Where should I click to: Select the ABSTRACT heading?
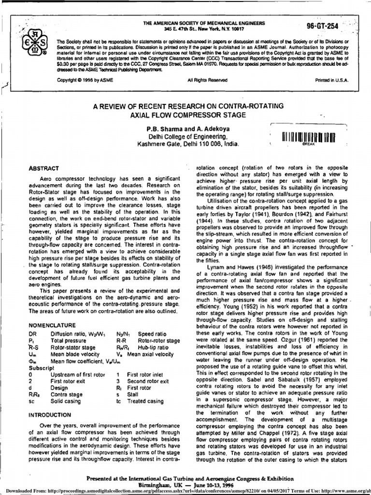click(x=44, y=168)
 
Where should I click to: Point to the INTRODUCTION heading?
click(x=50, y=414)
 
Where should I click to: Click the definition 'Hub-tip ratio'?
click(x=153, y=347)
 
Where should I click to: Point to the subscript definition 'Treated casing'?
click(x=145, y=401)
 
